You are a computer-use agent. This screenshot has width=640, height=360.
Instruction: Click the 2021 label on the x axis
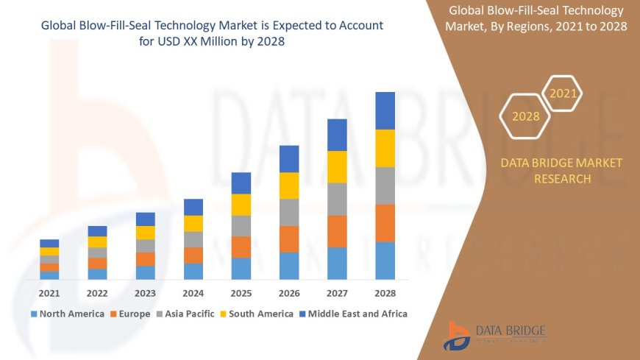[x=49, y=292]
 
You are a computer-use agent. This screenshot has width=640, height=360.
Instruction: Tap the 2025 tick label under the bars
[x=241, y=292]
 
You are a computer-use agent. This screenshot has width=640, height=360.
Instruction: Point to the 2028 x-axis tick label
[x=385, y=292]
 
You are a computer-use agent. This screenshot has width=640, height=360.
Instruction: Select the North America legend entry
[x=67, y=314]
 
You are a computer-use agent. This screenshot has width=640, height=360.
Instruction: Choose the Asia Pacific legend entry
[x=185, y=314]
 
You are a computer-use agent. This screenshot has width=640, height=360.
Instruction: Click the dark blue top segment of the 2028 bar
[x=385, y=110]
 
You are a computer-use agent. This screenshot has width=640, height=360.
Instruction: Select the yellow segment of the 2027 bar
[x=337, y=166]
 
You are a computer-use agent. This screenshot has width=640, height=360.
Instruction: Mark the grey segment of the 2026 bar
[x=289, y=212]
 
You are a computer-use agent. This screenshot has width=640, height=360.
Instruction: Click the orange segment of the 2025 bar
[x=241, y=247]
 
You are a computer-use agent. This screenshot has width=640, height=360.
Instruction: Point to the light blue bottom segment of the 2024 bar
[x=193, y=271]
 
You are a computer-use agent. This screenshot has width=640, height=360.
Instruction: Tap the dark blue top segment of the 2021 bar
[x=49, y=243]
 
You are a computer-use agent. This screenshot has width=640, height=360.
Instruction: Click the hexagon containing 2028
[x=525, y=116]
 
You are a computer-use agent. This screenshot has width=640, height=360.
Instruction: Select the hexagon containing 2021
[x=563, y=93]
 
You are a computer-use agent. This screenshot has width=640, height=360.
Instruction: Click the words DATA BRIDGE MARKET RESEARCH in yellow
[x=561, y=171]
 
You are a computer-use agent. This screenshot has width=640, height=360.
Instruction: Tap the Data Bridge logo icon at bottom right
[x=457, y=335]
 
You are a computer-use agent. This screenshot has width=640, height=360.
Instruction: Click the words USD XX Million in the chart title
[x=209, y=42]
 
